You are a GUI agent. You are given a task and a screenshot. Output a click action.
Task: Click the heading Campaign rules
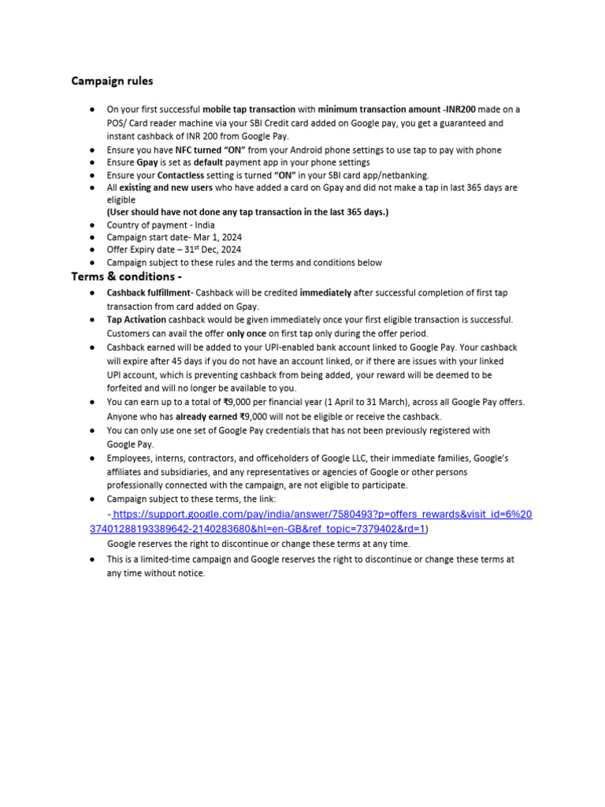[112, 81]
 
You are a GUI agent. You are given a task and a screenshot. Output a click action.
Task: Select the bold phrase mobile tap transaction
[249, 110]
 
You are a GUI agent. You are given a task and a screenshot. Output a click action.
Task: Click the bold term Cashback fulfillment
[149, 292]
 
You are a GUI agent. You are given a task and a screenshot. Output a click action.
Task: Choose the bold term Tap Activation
[136, 319]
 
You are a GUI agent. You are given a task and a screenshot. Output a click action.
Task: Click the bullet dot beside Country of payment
[93, 225]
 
